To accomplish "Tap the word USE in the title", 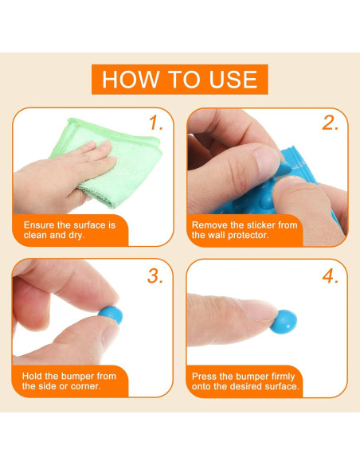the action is (x=233, y=80).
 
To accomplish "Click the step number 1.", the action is (x=155, y=123).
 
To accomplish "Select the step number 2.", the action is (x=330, y=123).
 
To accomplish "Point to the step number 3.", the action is (x=155, y=276).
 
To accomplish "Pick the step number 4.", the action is (x=330, y=276).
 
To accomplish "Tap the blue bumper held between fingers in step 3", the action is (x=111, y=315).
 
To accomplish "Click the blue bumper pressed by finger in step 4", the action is (x=284, y=322).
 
